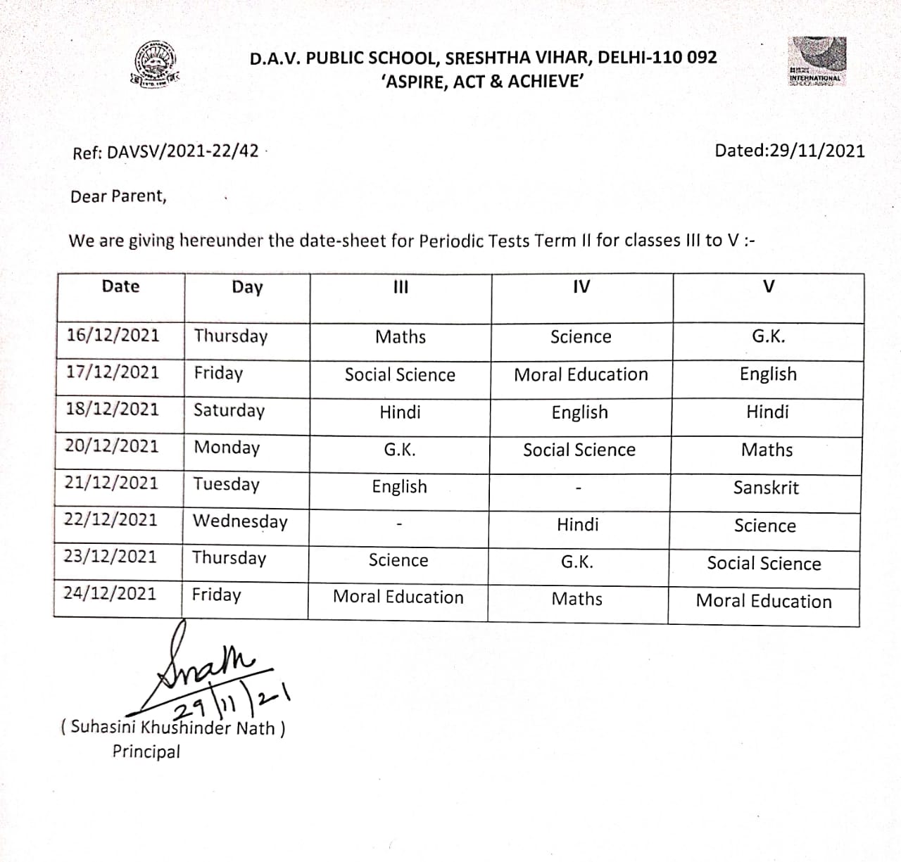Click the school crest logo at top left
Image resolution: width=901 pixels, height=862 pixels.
click(x=154, y=65)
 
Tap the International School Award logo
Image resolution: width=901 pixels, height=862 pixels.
click(x=816, y=62)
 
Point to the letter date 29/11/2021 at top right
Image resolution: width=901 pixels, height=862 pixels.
click(x=790, y=151)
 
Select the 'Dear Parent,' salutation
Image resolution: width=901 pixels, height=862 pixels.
click(x=118, y=196)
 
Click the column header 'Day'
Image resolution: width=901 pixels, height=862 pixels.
click(x=247, y=287)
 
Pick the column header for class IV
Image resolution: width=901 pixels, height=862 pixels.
click(x=581, y=286)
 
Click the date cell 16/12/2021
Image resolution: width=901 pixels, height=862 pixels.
click(x=113, y=334)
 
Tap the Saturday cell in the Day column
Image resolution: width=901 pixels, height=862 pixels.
click(x=229, y=410)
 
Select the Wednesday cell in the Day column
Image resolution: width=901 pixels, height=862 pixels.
click(x=240, y=521)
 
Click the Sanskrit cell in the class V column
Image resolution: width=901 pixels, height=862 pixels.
click(x=766, y=488)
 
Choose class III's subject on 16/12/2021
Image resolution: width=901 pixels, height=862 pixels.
click(x=401, y=337)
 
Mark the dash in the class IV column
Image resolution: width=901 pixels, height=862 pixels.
click(x=578, y=488)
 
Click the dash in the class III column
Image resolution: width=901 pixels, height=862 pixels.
click(x=398, y=524)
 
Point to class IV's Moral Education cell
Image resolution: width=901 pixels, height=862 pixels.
click(x=581, y=374)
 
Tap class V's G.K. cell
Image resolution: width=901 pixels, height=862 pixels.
click(x=768, y=336)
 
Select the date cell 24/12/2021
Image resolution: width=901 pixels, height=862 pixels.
click(x=110, y=593)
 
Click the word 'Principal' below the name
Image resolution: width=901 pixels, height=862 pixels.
click(x=146, y=752)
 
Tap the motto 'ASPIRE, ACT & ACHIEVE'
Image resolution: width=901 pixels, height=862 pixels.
click(x=482, y=82)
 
